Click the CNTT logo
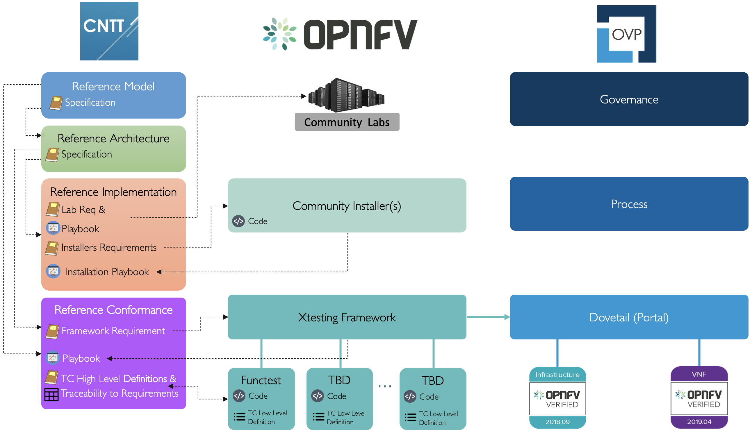coord(109,31)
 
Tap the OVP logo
coord(626,34)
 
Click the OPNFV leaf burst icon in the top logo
coord(280,34)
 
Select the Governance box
coord(629,99)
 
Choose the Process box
coord(629,204)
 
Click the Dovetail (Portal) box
coord(629,317)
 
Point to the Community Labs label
coord(347,122)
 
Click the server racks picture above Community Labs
coord(346,95)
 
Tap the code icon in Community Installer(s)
coord(238,221)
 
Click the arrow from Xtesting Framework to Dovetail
coord(488,317)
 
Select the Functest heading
coord(261,380)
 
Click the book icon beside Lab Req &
coord(53,209)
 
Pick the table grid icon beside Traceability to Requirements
coord(51,395)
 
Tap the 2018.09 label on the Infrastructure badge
coord(557,422)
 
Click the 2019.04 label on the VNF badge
coord(699,422)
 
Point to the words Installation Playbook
coord(107,272)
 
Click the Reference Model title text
coord(113,86)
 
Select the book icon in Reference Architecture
coord(52,155)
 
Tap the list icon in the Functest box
coord(239,417)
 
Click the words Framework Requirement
coord(113,331)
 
